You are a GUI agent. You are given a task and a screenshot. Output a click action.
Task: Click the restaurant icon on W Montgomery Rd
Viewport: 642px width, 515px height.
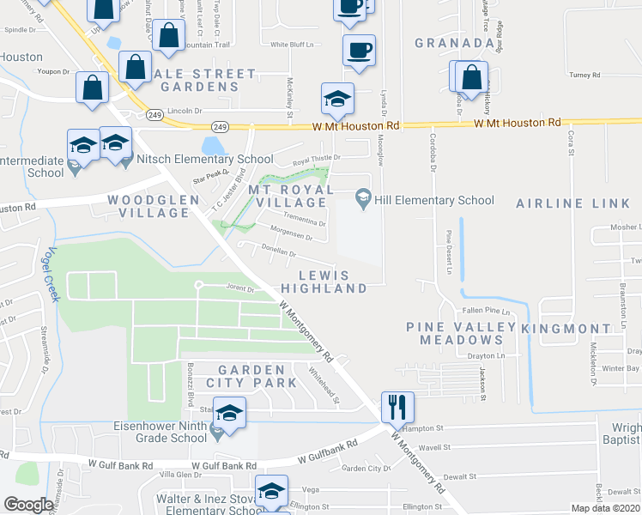click(x=397, y=405)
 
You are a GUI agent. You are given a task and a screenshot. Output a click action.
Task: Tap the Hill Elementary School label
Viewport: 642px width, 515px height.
click(x=434, y=201)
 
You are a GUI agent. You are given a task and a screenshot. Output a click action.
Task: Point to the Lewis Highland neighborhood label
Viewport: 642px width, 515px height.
click(x=324, y=282)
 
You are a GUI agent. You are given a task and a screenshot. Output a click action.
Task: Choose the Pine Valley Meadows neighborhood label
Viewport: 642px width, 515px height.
click(x=461, y=333)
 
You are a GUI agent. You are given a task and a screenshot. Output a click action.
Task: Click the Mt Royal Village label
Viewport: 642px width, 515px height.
click(x=290, y=196)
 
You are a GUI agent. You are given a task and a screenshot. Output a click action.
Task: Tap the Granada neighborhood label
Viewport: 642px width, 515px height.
click(x=454, y=42)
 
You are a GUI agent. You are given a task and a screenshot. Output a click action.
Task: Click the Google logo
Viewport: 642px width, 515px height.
click(x=27, y=505)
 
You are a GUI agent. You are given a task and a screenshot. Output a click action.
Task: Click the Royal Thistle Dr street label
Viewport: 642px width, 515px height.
click(x=317, y=159)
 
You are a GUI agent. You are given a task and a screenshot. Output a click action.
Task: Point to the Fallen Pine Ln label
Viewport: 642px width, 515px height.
click(x=486, y=311)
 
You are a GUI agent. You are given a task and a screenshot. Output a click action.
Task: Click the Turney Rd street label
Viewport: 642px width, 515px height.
click(x=584, y=76)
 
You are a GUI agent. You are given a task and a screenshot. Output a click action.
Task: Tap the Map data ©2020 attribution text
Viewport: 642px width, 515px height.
click(x=605, y=508)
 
